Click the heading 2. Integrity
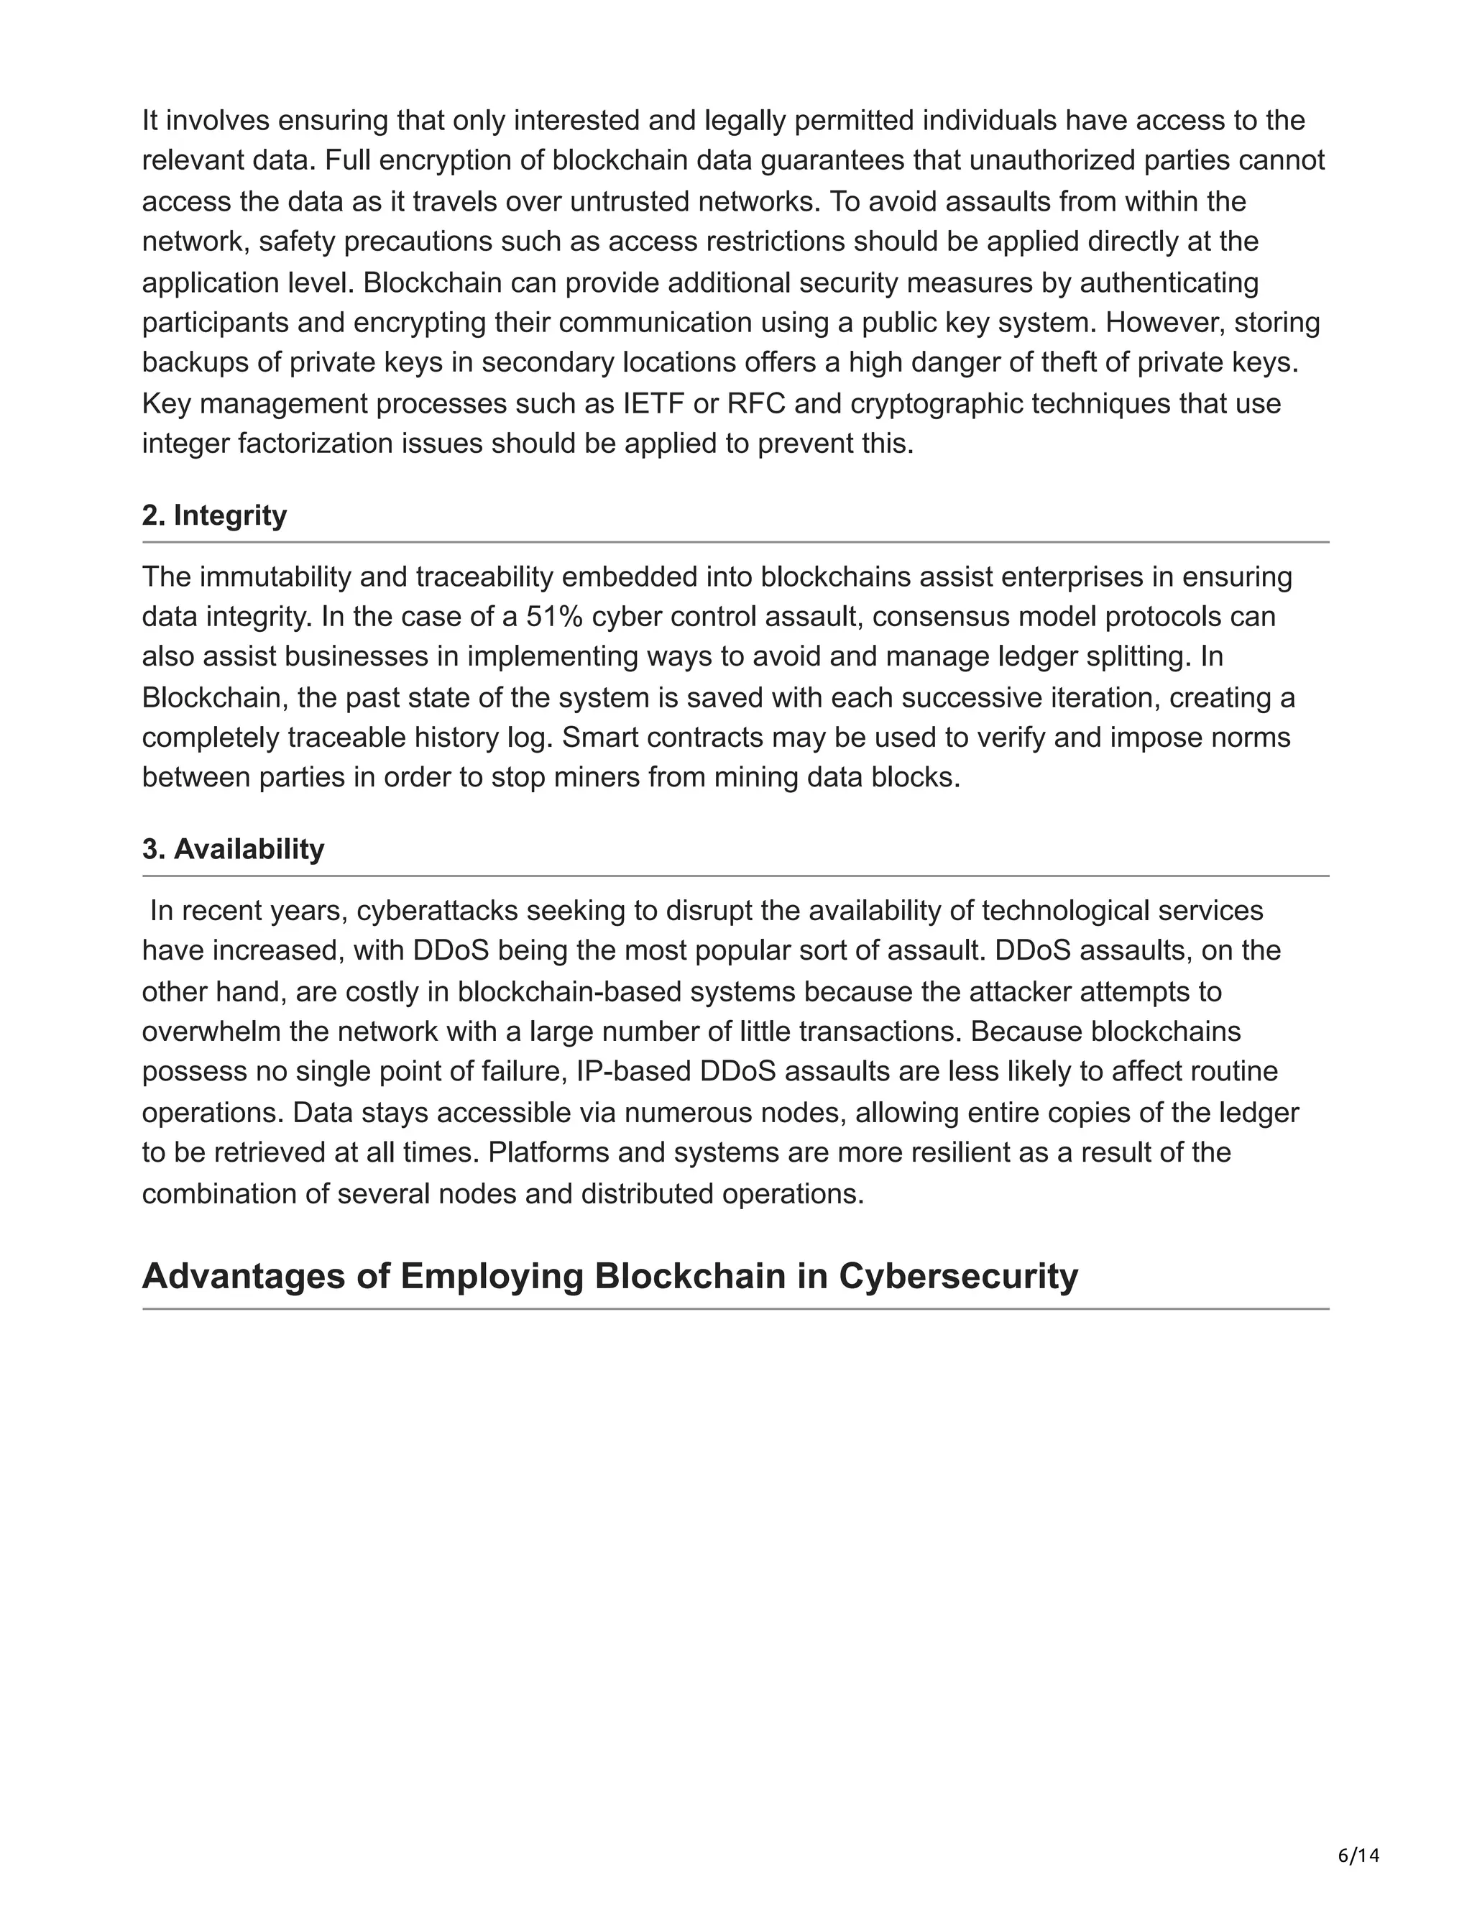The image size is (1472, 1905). tap(213, 515)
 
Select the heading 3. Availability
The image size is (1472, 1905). tap(233, 849)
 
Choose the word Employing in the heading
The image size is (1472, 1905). tap(492, 1276)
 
